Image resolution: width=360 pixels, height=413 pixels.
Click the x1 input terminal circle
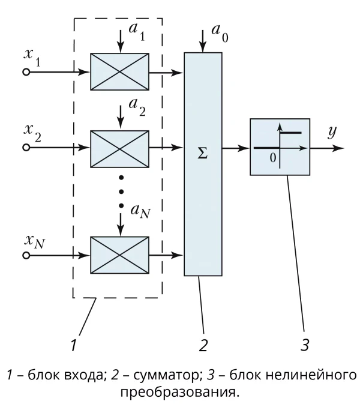coord(26,72)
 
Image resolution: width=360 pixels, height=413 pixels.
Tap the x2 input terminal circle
coord(26,148)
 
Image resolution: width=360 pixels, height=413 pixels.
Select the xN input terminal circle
coord(26,255)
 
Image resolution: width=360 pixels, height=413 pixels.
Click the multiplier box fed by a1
coord(120,71)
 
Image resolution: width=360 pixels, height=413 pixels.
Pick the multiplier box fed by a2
coord(120,149)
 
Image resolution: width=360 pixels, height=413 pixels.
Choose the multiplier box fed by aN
coord(120,255)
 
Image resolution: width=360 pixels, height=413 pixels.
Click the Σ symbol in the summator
coord(203,152)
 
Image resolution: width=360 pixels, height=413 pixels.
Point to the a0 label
coord(220,33)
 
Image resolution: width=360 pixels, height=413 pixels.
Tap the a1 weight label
coord(137,32)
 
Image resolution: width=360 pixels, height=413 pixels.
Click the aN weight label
coord(140,211)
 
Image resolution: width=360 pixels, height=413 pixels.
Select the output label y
coord(332,131)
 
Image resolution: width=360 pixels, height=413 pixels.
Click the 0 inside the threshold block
coord(273,158)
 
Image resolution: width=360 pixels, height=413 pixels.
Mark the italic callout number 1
coord(74,345)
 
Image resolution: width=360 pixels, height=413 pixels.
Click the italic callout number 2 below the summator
coord(203,345)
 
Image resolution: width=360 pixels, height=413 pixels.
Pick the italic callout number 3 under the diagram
coord(305,345)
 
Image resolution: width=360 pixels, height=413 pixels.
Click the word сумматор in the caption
coord(166,375)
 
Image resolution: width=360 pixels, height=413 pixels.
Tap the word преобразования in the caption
coord(178,393)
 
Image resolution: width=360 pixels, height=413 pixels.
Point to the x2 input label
coord(32,133)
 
